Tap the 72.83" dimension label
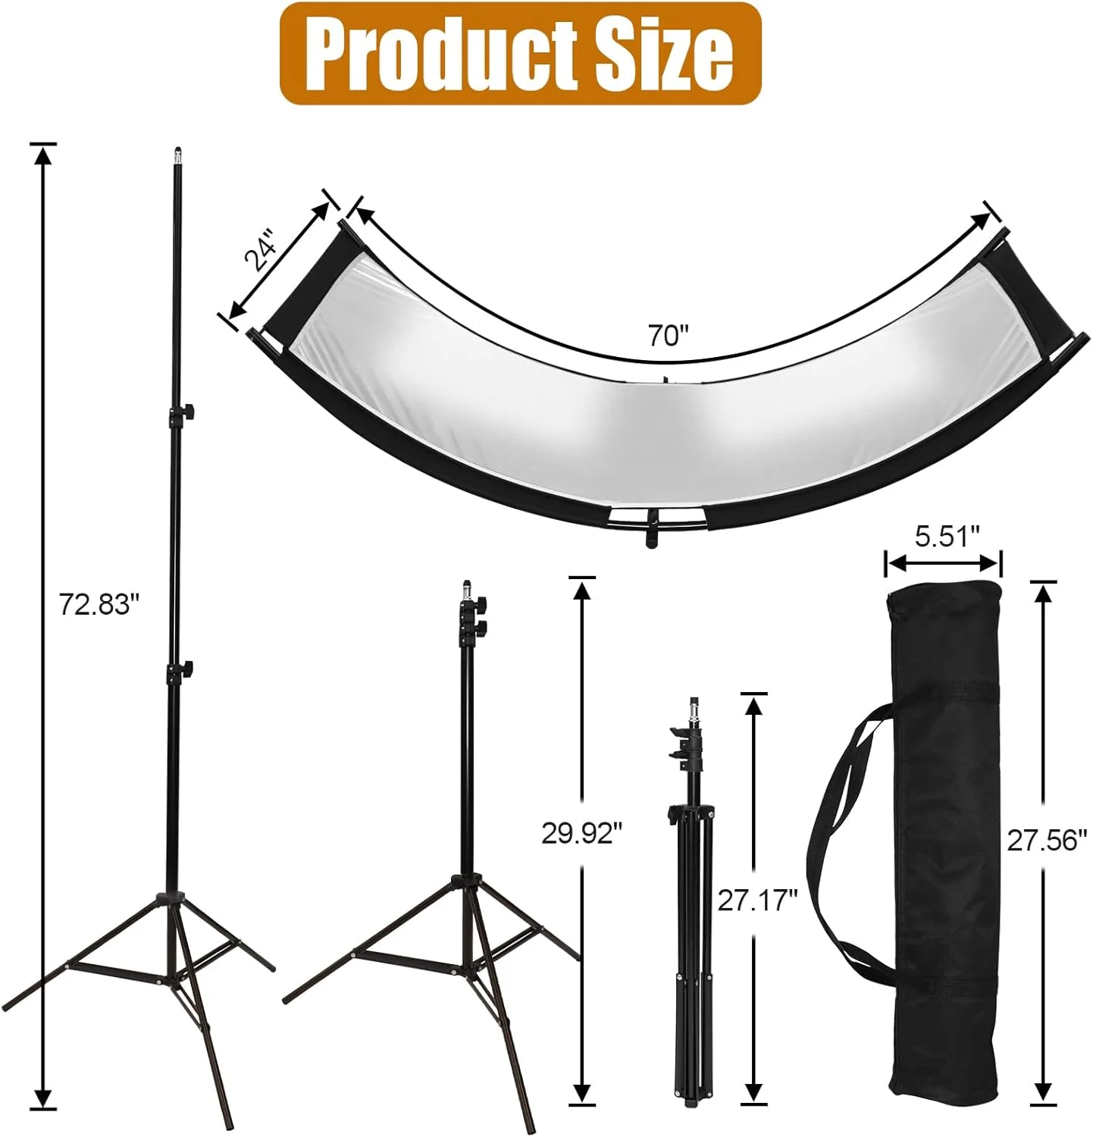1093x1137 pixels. click(x=100, y=606)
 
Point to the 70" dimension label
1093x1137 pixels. click(x=667, y=335)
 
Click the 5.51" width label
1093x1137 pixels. click(x=942, y=537)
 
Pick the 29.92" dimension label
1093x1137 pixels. click(x=581, y=833)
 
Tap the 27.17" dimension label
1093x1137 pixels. click(x=757, y=901)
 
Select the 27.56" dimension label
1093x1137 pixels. click(x=1047, y=841)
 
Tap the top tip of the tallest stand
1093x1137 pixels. click(x=177, y=152)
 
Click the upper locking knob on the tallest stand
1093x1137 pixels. click(x=186, y=412)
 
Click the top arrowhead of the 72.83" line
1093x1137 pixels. click(x=43, y=155)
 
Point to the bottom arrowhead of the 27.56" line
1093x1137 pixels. click(x=1044, y=1089)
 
